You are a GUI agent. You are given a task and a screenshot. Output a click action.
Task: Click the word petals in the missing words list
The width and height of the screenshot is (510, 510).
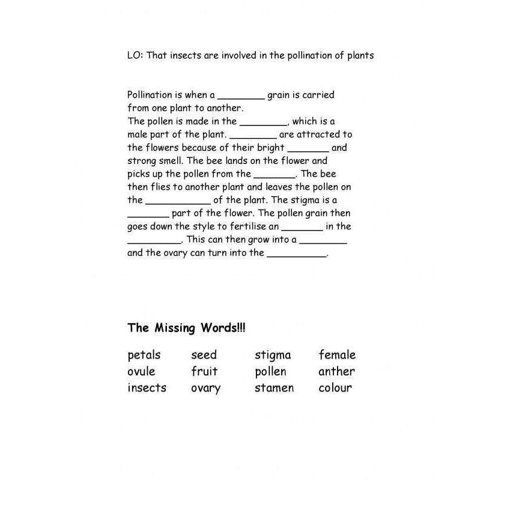(x=144, y=355)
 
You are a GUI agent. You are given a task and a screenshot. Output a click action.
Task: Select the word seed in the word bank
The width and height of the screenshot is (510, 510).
(x=204, y=355)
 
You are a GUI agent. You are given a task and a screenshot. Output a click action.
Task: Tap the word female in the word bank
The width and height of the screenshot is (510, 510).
(x=337, y=355)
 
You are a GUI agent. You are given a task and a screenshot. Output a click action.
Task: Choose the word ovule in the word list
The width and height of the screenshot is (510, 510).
(x=141, y=371)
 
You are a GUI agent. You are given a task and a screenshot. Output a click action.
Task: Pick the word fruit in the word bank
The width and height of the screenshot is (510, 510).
(x=204, y=371)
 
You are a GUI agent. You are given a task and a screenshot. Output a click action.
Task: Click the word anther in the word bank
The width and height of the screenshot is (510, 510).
(x=336, y=371)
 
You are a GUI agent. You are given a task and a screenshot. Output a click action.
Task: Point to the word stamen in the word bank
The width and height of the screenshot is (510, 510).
(x=274, y=387)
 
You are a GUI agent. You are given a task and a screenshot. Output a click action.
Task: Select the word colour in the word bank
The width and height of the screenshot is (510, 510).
(x=335, y=387)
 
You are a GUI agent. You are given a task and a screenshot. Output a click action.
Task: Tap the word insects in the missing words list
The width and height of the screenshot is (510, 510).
(x=147, y=387)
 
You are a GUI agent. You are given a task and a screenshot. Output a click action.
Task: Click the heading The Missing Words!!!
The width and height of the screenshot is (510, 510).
(x=186, y=328)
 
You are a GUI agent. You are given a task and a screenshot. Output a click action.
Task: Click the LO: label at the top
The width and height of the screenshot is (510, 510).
(x=135, y=55)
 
